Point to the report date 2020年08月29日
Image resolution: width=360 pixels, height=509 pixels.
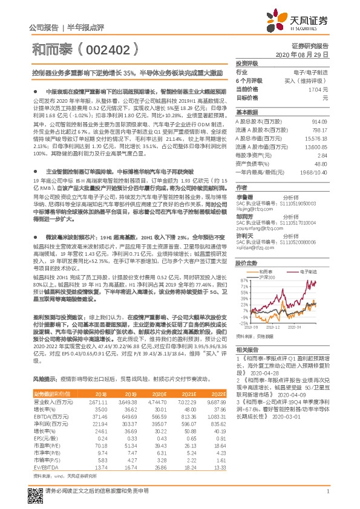pyautogui.click(x=305, y=54)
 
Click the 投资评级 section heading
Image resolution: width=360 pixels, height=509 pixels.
pyautogui.click(x=247, y=63)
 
